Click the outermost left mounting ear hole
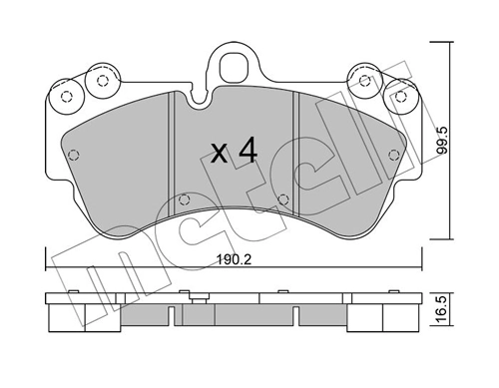coord(68,98)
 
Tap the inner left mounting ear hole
coord(100,81)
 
